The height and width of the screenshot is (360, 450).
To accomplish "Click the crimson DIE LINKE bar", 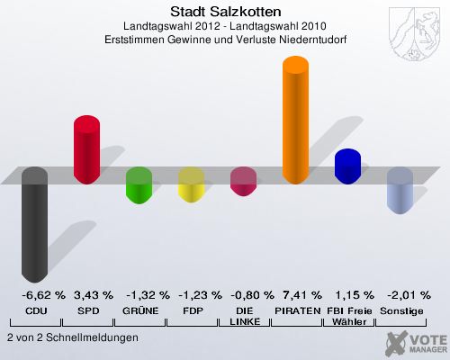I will point(243,182).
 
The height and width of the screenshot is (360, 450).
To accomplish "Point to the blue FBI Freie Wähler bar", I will point(347,166).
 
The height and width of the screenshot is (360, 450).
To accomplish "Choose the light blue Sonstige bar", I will point(400,191).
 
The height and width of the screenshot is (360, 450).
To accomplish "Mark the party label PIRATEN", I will point(297,310).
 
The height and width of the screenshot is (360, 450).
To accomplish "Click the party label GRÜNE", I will point(140,310).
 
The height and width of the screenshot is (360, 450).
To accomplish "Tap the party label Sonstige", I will point(402,310).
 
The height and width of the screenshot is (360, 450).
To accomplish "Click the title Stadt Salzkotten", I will point(225,12).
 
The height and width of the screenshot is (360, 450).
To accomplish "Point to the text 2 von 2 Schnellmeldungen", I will point(72,337).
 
